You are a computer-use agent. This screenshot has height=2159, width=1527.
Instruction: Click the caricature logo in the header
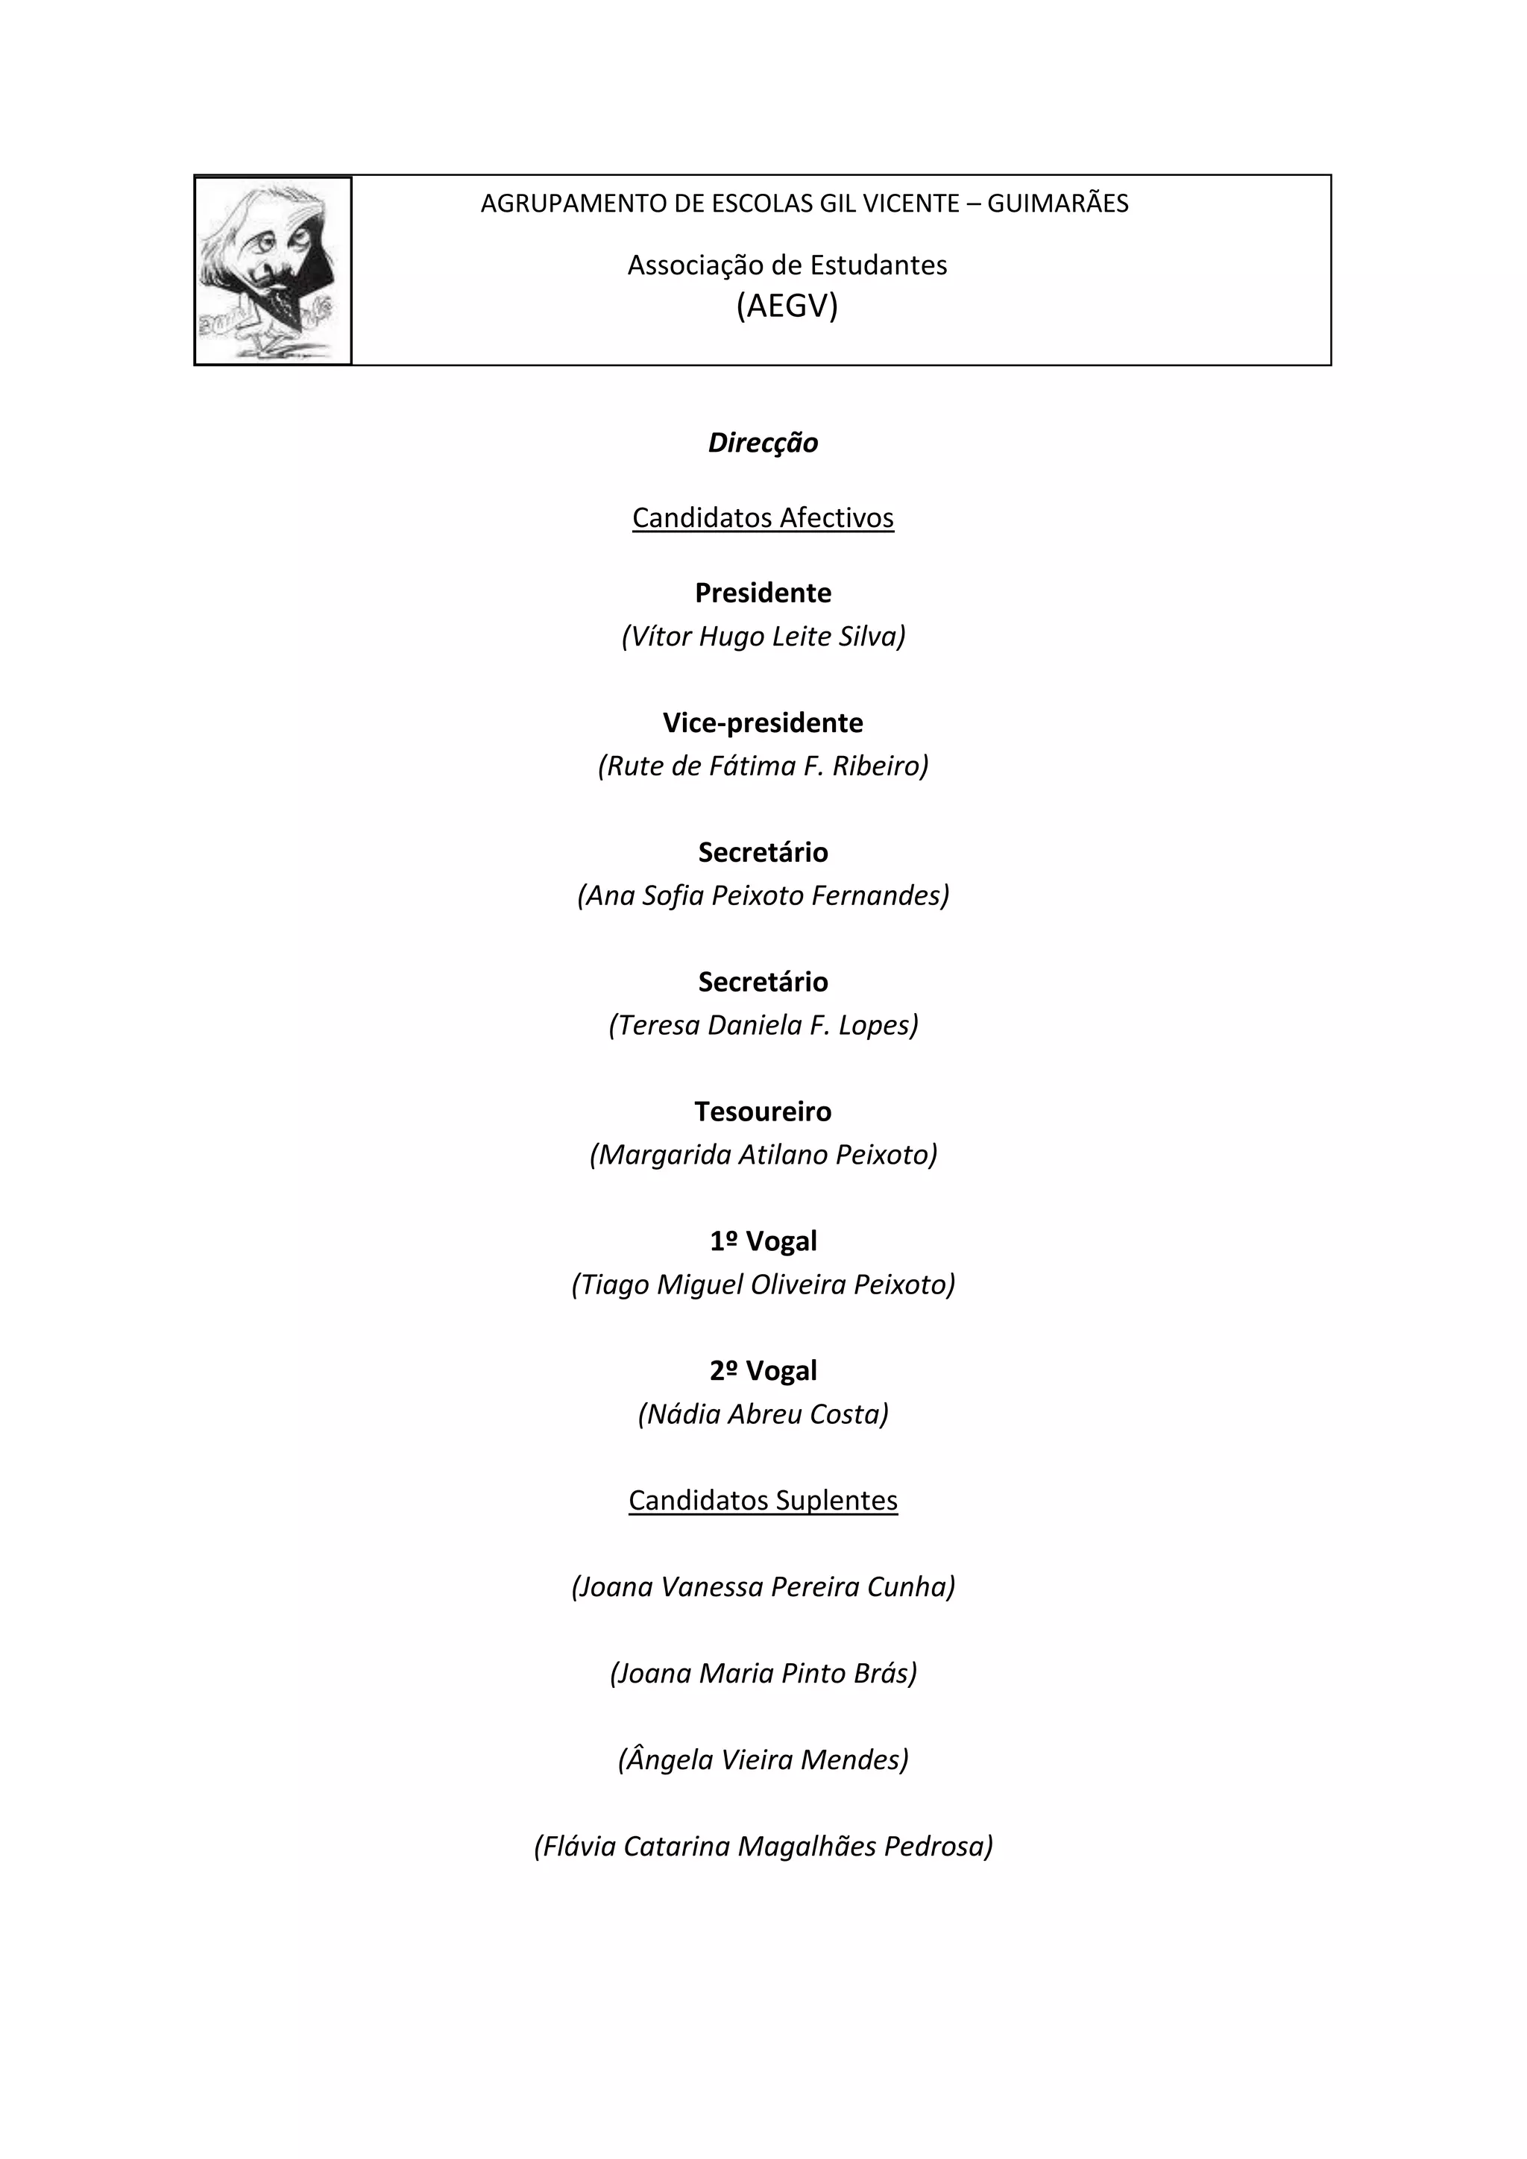pyautogui.click(x=273, y=270)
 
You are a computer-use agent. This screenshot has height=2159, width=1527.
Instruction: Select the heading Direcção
pyautogui.click(x=763, y=443)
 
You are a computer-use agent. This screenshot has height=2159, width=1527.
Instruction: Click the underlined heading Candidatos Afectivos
pyautogui.click(x=763, y=518)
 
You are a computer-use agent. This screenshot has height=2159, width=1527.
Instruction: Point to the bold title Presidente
pyautogui.click(x=763, y=593)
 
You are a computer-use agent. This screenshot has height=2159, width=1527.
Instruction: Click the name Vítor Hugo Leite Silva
pyautogui.click(x=763, y=637)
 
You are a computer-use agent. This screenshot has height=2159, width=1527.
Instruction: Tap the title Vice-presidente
pyautogui.click(x=763, y=723)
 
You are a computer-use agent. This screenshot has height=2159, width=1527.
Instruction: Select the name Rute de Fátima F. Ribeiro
pyautogui.click(x=763, y=766)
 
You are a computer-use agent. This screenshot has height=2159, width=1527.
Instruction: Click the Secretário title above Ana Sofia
pyautogui.click(x=763, y=853)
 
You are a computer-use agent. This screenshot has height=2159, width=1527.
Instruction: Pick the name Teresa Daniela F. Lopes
pyautogui.click(x=763, y=1025)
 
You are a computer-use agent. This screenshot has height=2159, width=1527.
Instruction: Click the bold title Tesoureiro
pyautogui.click(x=763, y=1112)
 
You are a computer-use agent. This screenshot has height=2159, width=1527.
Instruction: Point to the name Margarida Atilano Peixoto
pyautogui.click(x=763, y=1155)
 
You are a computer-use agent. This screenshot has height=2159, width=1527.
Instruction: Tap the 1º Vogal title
pyautogui.click(x=763, y=1241)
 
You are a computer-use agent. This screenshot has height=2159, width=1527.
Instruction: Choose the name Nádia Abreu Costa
pyautogui.click(x=763, y=1414)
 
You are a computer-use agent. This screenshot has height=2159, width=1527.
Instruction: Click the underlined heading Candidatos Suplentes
pyautogui.click(x=763, y=1501)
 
